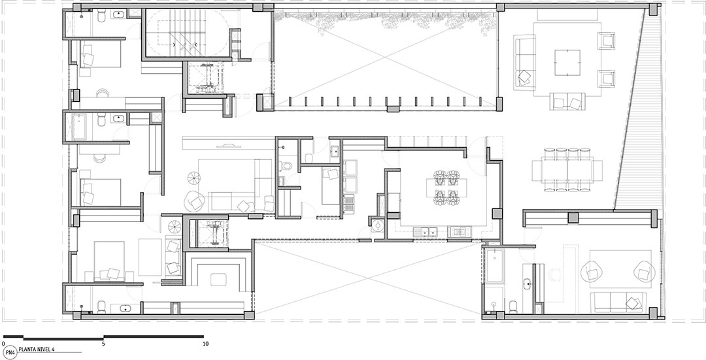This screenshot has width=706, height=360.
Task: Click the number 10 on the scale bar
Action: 206,344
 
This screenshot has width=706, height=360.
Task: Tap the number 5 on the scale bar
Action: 103,344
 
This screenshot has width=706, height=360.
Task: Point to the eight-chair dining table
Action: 567,170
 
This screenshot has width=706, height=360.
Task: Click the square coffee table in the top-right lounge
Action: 567,63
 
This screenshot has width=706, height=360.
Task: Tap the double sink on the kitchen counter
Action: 426,232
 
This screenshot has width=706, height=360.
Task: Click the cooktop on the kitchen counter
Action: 460,232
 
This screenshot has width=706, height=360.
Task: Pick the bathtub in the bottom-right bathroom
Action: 494,266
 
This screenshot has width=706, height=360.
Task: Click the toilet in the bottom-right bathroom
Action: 513,306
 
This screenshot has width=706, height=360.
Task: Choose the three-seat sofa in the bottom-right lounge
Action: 620,302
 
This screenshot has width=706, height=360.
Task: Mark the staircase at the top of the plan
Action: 184,34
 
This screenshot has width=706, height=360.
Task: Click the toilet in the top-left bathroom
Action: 101,16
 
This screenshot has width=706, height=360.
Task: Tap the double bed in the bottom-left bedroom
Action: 109,261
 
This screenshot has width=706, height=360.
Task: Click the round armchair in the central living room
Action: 195,201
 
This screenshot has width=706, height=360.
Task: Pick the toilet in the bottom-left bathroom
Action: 102,306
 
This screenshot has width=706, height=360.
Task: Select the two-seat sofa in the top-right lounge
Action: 567,101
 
